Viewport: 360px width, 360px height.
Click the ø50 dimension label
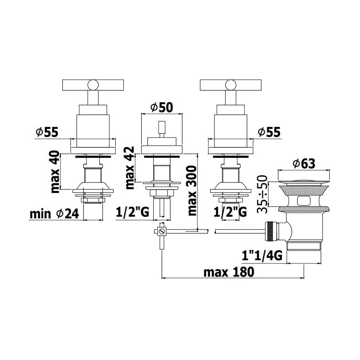point(162,107)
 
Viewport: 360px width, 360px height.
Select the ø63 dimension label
point(304,163)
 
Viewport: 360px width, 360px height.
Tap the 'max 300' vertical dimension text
point(192,191)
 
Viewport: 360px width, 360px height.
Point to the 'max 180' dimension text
point(229,272)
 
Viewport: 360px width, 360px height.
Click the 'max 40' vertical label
point(55,172)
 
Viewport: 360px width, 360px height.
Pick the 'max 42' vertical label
point(130,168)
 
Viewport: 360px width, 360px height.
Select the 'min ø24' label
point(54,214)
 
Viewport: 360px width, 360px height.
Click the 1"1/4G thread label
point(262,256)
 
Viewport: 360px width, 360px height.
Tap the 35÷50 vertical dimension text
point(262,194)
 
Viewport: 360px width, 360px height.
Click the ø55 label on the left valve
point(47,132)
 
